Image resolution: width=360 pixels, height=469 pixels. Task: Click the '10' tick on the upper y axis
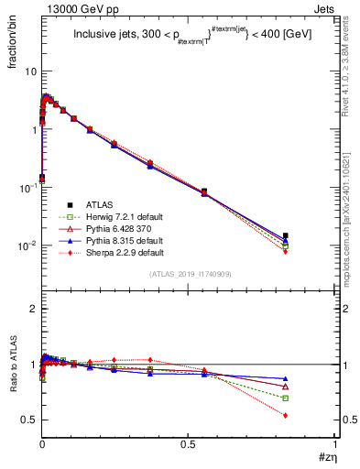(29, 71)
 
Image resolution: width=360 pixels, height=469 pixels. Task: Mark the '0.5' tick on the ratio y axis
(28, 420)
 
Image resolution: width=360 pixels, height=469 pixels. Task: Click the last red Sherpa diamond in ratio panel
(285, 415)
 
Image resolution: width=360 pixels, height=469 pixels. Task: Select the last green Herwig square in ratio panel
(285, 398)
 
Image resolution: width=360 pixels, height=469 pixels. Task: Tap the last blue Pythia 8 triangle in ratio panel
(285, 378)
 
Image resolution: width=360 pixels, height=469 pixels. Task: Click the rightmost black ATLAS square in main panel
(285, 235)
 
